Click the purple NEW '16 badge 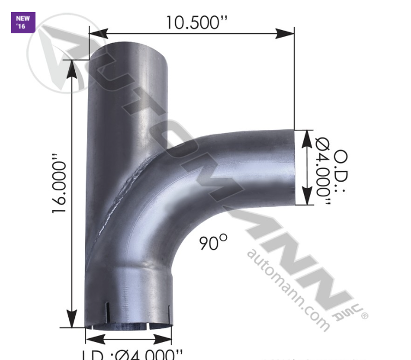(23, 22)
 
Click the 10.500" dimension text (197, 23)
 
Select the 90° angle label (212, 242)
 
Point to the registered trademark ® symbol (365, 315)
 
